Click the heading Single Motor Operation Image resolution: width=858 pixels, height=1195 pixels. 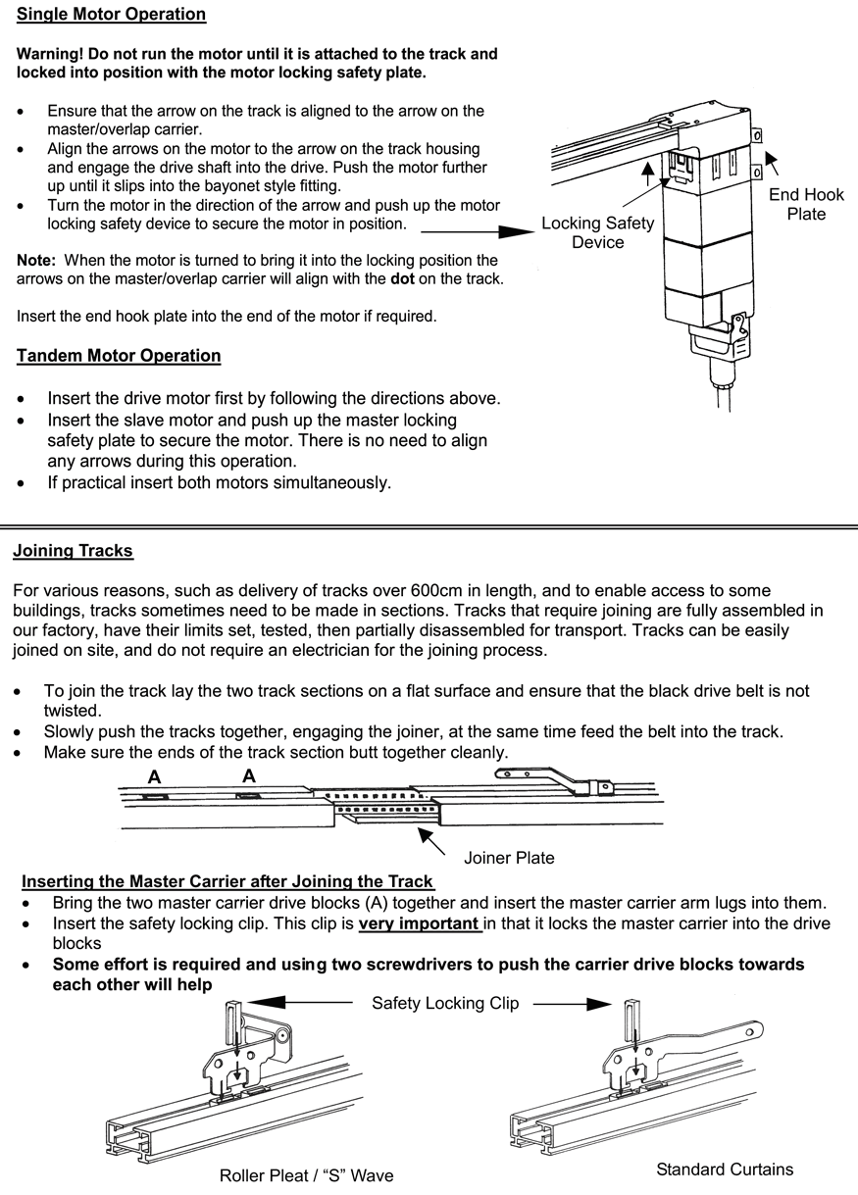111,15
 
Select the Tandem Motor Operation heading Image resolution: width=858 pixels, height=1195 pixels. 119,356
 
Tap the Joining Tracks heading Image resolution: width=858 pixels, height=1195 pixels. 73,551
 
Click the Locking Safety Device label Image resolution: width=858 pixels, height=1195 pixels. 597,232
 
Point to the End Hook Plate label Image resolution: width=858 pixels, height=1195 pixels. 806,204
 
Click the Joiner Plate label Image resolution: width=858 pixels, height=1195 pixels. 509,858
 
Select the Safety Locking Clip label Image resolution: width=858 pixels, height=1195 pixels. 445,1003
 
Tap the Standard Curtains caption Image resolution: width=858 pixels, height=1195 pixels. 724,1169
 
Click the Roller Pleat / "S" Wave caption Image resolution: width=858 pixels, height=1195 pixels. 306,1175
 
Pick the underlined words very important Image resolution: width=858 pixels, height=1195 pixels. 419,924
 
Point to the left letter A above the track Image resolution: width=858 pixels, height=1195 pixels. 154,776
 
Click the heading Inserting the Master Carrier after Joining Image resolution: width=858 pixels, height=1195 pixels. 227,881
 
